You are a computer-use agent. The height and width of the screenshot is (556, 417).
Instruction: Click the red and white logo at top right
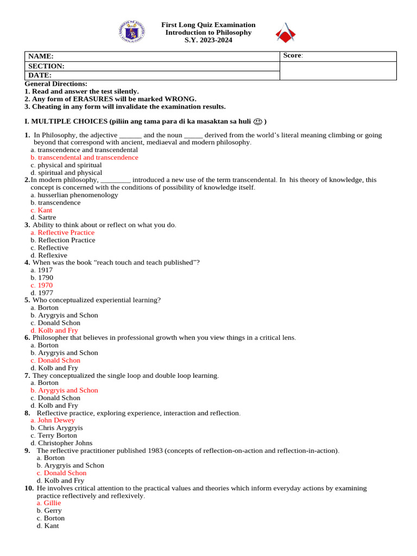pos(286,34)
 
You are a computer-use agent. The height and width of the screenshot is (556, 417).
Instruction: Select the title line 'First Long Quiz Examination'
pos(208,25)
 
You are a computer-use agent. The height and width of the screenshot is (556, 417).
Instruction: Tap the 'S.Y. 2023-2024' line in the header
pos(208,40)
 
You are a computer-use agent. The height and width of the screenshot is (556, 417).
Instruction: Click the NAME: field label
pos(41,56)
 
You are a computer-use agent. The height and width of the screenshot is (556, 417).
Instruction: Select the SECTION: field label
pos(46,66)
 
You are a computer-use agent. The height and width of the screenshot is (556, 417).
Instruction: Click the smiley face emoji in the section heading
pos(258,122)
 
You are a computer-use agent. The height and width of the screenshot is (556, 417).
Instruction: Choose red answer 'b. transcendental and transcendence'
pos(85,157)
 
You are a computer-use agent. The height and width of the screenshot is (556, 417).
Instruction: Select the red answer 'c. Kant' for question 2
pos(42,210)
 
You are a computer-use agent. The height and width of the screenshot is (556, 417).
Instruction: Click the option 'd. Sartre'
pos(43,218)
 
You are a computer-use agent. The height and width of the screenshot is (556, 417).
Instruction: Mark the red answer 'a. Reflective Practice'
pos(62,232)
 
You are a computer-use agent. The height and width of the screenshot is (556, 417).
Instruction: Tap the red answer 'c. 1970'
pos(42,285)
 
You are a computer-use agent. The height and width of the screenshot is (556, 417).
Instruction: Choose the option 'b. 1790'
pos(42,277)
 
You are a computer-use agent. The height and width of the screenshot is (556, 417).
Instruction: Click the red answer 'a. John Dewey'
pos(53,420)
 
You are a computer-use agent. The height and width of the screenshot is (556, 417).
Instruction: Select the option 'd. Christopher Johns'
pos(61,443)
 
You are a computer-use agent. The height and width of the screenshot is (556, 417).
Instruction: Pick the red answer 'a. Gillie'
pos(49,503)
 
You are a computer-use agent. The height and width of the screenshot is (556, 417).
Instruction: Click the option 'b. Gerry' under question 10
pos(49,510)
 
